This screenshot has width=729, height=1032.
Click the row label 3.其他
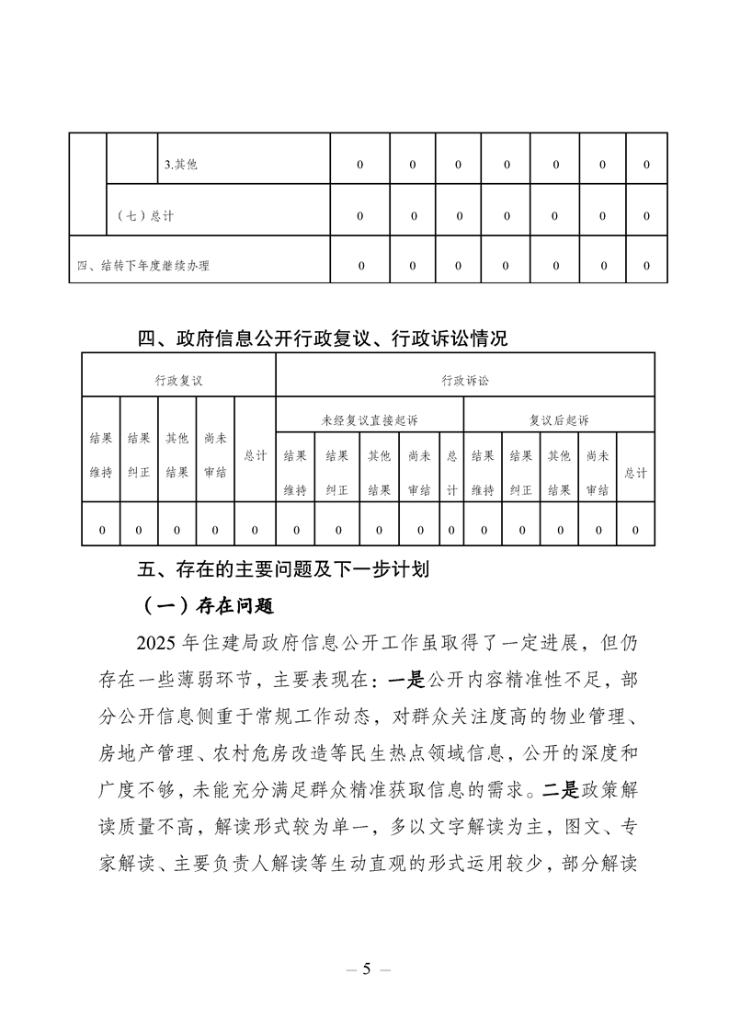[x=180, y=165]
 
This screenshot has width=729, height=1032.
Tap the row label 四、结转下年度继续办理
[x=143, y=266]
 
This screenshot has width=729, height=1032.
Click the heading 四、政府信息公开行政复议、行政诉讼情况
[x=323, y=338]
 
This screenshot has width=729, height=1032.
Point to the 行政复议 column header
[x=178, y=379]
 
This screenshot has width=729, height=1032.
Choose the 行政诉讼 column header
[x=465, y=379]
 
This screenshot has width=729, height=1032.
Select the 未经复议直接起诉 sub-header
[x=370, y=419]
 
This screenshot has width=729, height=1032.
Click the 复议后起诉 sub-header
[x=559, y=419]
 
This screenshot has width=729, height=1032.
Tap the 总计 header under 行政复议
[x=255, y=455]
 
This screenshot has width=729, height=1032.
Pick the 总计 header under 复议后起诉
[x=635, y=473]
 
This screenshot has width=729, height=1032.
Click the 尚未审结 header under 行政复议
[x=215, y=455]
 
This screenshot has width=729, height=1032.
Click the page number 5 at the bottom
[x=365, y=969]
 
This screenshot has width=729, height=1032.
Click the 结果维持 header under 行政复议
[x=101, y=455]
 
